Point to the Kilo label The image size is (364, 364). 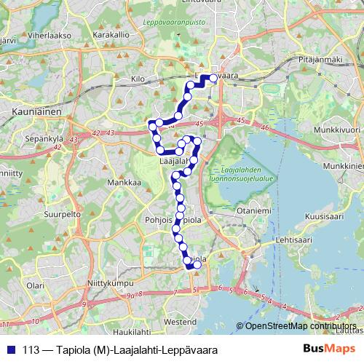[138, 78]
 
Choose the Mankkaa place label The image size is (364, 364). [124, 183]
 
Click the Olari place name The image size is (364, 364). [35, 286]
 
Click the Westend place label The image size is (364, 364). [181, 321]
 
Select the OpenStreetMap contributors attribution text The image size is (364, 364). [301, 327]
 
